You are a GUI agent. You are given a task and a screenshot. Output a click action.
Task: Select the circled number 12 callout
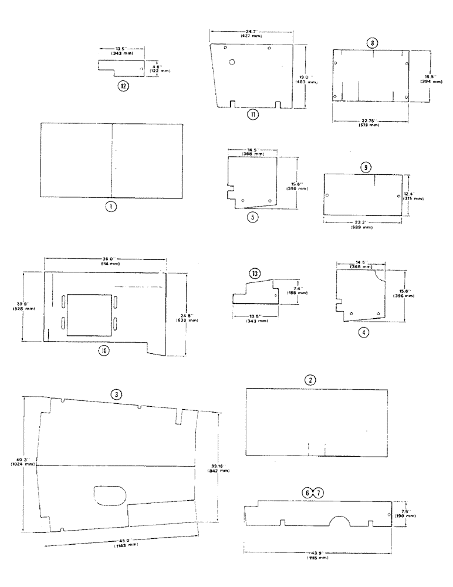coord(123,86)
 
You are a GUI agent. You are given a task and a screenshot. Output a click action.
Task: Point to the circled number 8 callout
coord(373,43)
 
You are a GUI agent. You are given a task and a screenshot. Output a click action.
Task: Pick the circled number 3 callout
coord(117,395)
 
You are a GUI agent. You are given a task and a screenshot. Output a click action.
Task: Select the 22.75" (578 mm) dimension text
coord(371,123)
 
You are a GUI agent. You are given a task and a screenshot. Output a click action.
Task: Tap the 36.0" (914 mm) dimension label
coord(105,261)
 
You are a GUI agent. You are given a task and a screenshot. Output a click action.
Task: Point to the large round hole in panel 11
coord(233,62)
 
